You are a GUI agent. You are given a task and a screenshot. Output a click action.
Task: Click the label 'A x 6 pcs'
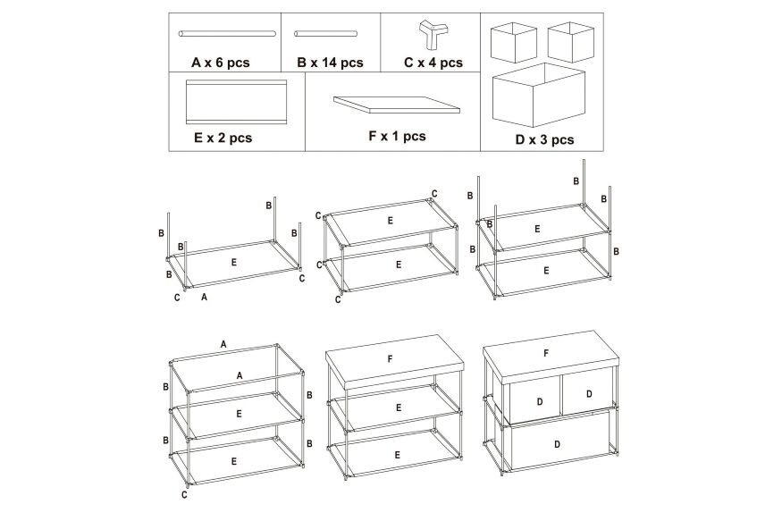tap(221, 63)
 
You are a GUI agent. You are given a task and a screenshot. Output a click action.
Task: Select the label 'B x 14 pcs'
tap(330, 63)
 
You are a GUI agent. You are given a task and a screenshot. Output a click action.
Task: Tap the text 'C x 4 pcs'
tap(433, 63)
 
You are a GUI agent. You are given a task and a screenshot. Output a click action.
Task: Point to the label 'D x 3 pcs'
tap(544, 139)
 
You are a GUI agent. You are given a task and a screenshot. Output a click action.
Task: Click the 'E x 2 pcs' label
tap(223, 138)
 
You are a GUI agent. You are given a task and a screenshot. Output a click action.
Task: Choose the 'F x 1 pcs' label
tap(397, 136)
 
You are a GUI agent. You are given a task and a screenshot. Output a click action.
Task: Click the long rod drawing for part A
tap(227, 34)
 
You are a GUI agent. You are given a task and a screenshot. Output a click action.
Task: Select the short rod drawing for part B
tap(325, 34)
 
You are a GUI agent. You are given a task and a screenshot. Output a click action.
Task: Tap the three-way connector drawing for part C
tap(430, 33)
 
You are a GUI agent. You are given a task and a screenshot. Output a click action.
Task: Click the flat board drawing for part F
tap(397, 105)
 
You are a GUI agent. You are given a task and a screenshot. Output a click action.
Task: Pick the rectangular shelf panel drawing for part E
tap(237, 102)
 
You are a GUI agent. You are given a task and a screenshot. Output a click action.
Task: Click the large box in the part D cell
tap(539, 95)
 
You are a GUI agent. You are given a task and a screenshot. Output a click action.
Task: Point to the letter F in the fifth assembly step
tap(390, 358)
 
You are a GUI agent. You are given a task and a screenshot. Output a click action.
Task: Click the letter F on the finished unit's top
tap(546, 353)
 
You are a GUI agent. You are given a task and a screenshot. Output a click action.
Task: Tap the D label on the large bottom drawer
tap(557, 444)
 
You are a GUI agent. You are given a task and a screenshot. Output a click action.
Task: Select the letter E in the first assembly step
tap(234, 262)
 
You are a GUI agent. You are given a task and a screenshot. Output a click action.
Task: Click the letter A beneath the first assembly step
tap(204, 298)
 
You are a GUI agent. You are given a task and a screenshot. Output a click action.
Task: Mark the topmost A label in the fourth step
tap(223, 344)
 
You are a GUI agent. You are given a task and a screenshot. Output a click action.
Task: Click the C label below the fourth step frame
tap(184, 495)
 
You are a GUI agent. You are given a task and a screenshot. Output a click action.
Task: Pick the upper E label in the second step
tap(390, 221)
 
